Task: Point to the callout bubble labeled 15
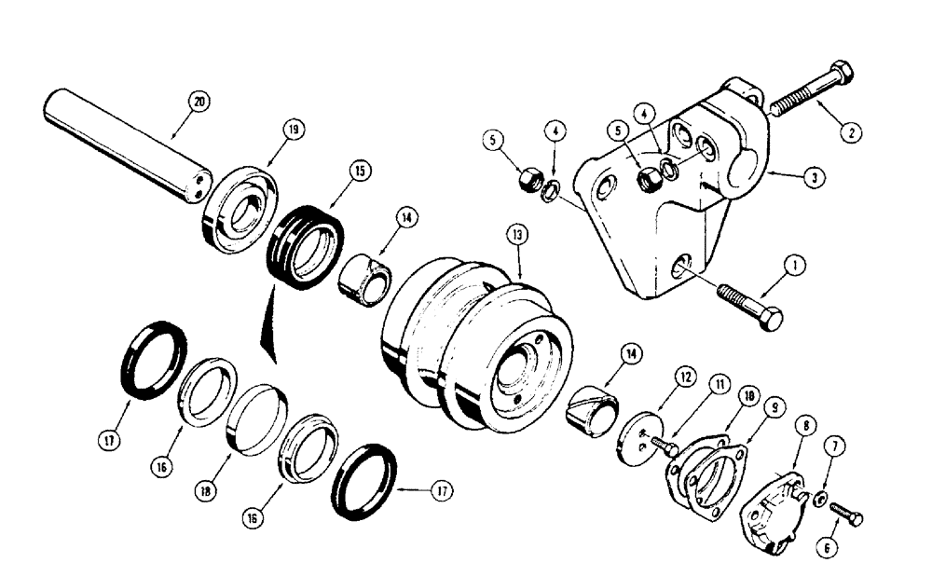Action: [359, 171]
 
